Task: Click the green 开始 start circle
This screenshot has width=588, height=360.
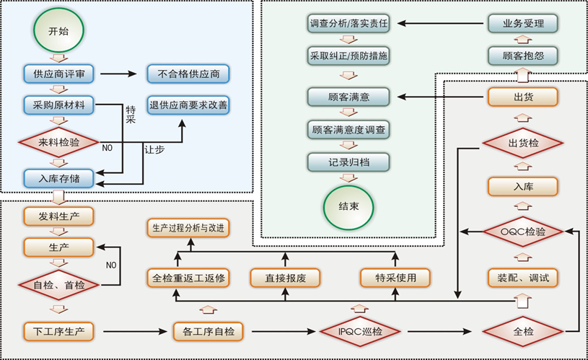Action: [58, 30]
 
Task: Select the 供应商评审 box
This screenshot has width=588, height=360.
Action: [58, 74]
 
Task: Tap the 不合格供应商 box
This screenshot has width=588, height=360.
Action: [188, 74]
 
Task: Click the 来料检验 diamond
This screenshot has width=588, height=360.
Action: [59, 143]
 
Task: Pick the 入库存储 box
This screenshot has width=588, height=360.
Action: [58, 178]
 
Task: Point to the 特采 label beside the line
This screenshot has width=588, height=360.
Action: [131, 115]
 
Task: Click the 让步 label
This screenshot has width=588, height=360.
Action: [154, 149]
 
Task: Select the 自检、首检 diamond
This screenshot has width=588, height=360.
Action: [59, 285]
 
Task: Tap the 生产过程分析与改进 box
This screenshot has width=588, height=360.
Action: [188, 228]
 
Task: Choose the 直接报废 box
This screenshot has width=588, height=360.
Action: [286, 278]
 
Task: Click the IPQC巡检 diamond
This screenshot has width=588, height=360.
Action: [360, 331]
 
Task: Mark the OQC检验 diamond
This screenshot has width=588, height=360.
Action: [523, 232]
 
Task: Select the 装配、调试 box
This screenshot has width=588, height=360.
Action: [523, 278]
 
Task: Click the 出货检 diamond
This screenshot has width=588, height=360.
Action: [523, 143]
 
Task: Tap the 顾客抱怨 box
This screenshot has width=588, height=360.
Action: [523, 56]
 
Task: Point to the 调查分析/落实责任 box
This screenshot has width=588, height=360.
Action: [348, 23]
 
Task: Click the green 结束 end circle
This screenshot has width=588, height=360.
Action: [348, 206]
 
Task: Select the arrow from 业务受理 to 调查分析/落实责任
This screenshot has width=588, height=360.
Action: [440, 23]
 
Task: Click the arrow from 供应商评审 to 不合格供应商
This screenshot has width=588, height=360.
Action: [118, 74]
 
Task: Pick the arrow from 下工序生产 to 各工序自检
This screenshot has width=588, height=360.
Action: [135, 331]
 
